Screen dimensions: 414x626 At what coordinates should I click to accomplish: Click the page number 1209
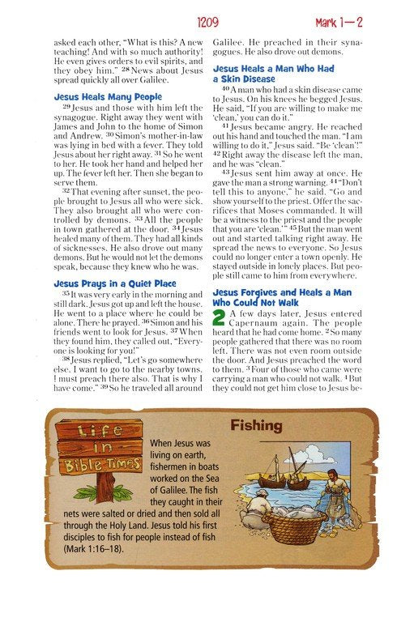tap(206, 25)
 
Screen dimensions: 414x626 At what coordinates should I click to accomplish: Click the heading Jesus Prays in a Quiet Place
tap(113, 284)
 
